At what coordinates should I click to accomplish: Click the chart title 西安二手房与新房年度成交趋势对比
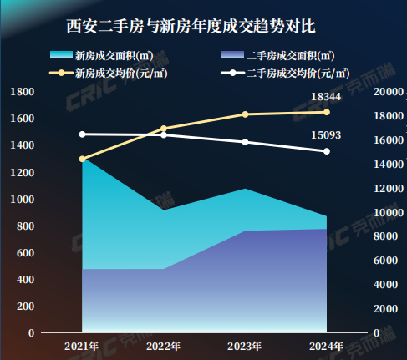(191, 27)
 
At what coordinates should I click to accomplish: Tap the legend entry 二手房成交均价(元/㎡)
(298, 74)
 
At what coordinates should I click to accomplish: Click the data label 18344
(325, 98)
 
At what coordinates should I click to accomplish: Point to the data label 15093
(325, 134)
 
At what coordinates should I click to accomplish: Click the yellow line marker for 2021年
(83, 159)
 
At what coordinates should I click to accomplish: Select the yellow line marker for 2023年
(245, 114)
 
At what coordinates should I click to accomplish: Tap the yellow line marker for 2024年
(326, 112)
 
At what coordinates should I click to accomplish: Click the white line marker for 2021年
(83, 134)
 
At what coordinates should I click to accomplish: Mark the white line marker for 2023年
(245, 142)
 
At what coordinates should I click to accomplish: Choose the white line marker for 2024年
(326, 151)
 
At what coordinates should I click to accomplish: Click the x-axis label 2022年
(164, 346)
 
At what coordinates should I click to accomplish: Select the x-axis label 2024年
(326, 346)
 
